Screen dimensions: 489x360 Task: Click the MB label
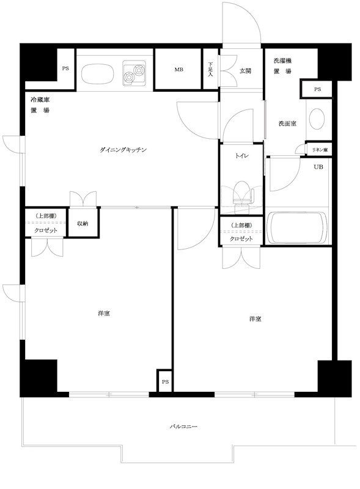178,70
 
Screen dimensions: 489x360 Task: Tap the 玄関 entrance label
245,71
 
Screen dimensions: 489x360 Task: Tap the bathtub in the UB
298,228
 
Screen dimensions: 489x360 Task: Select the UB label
318,167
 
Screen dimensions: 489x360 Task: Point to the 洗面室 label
287,123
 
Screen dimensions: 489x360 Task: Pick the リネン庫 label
319,150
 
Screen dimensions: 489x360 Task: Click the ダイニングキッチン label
125,150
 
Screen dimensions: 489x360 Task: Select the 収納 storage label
82,224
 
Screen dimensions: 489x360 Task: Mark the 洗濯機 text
282,61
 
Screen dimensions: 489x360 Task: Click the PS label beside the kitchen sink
65,68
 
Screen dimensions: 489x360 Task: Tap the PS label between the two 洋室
165,382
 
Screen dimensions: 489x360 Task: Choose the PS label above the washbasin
317,89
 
